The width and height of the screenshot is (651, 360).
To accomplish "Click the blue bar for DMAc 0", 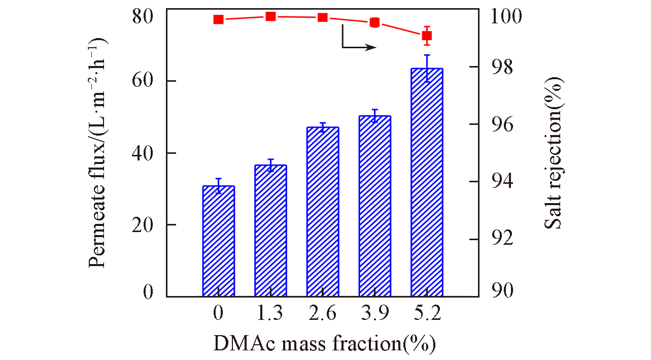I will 218,241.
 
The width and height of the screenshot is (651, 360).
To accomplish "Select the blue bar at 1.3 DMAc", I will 270,231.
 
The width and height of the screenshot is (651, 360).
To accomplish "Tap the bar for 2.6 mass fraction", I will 323,212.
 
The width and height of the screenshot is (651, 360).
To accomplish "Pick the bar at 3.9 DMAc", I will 374,206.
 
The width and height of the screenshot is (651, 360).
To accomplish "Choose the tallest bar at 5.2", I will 427,182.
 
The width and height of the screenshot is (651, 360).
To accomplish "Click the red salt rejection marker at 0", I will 218,19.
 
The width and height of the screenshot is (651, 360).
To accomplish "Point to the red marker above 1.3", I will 270,16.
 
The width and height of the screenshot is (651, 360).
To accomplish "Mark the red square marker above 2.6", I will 323,17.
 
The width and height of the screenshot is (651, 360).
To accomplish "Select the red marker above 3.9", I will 374,22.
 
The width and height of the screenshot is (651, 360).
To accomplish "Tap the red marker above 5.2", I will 427,36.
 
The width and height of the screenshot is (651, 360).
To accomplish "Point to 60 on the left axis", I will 144,81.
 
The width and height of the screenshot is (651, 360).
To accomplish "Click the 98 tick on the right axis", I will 499,67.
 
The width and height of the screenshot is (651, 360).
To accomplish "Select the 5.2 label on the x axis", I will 427,314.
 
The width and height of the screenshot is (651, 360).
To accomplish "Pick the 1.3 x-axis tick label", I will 270,314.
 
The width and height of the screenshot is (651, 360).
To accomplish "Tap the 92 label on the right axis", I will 499,239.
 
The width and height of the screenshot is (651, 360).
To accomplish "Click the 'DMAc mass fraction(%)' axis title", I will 325,344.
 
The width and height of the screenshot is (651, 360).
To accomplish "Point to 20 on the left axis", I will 144,225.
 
